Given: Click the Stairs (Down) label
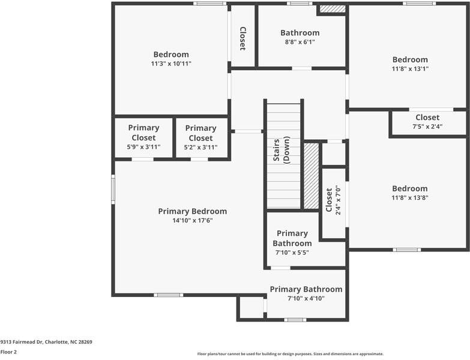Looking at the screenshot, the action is pos(282,150).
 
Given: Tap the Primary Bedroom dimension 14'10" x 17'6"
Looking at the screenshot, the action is pos(193,221).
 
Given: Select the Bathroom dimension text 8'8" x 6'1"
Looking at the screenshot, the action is pos(300,42).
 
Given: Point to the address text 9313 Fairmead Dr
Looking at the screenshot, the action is pos(22,342).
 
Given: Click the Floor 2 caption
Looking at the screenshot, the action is pos(8,352).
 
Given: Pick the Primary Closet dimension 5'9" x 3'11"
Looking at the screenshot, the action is pos(143,147).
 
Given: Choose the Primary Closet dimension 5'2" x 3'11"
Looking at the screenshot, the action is pos(200,148).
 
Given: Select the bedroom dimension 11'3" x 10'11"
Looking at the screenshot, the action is pos(171,64).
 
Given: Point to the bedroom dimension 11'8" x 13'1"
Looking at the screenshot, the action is pos(410,69).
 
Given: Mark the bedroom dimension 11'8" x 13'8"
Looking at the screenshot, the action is pos(410,197).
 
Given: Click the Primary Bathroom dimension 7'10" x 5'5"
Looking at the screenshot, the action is pos(292,253).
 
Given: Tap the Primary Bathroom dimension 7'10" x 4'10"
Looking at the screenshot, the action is pos(306,299).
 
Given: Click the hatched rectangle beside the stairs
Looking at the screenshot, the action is pos(312,176).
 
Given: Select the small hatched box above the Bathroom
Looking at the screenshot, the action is pos(333,8).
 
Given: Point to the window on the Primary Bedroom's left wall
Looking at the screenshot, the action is pos(113,189).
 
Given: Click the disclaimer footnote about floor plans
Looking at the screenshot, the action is pos(290,354).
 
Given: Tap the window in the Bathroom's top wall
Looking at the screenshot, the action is pos(300,4).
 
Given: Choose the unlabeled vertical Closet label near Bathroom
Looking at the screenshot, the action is pos(243,38).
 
